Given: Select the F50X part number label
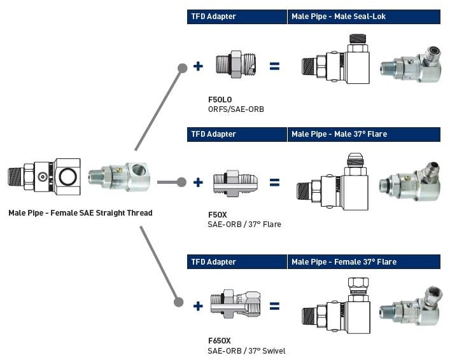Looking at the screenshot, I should (217, 215).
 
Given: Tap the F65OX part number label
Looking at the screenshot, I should (220, 341).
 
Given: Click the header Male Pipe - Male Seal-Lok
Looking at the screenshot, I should (338, 17).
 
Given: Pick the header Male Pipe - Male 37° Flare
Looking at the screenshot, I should (339, 134).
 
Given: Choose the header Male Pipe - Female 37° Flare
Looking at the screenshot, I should (344, 261).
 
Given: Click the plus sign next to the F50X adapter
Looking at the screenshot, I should (198, 183).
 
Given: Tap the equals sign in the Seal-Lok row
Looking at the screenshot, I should (274, 65).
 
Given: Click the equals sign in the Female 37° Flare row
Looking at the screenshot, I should (274, 306).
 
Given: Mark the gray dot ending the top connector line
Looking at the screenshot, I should (182, 67).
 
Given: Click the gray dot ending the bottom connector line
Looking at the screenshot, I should (179, 302).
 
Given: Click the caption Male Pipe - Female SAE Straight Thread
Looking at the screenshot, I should (80, 213).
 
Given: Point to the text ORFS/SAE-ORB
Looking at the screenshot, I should (236, 109).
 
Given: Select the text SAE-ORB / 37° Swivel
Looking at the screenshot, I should (246, 350).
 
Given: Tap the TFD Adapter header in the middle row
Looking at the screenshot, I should (213, 134).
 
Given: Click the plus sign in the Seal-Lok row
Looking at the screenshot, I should (198, 65).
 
